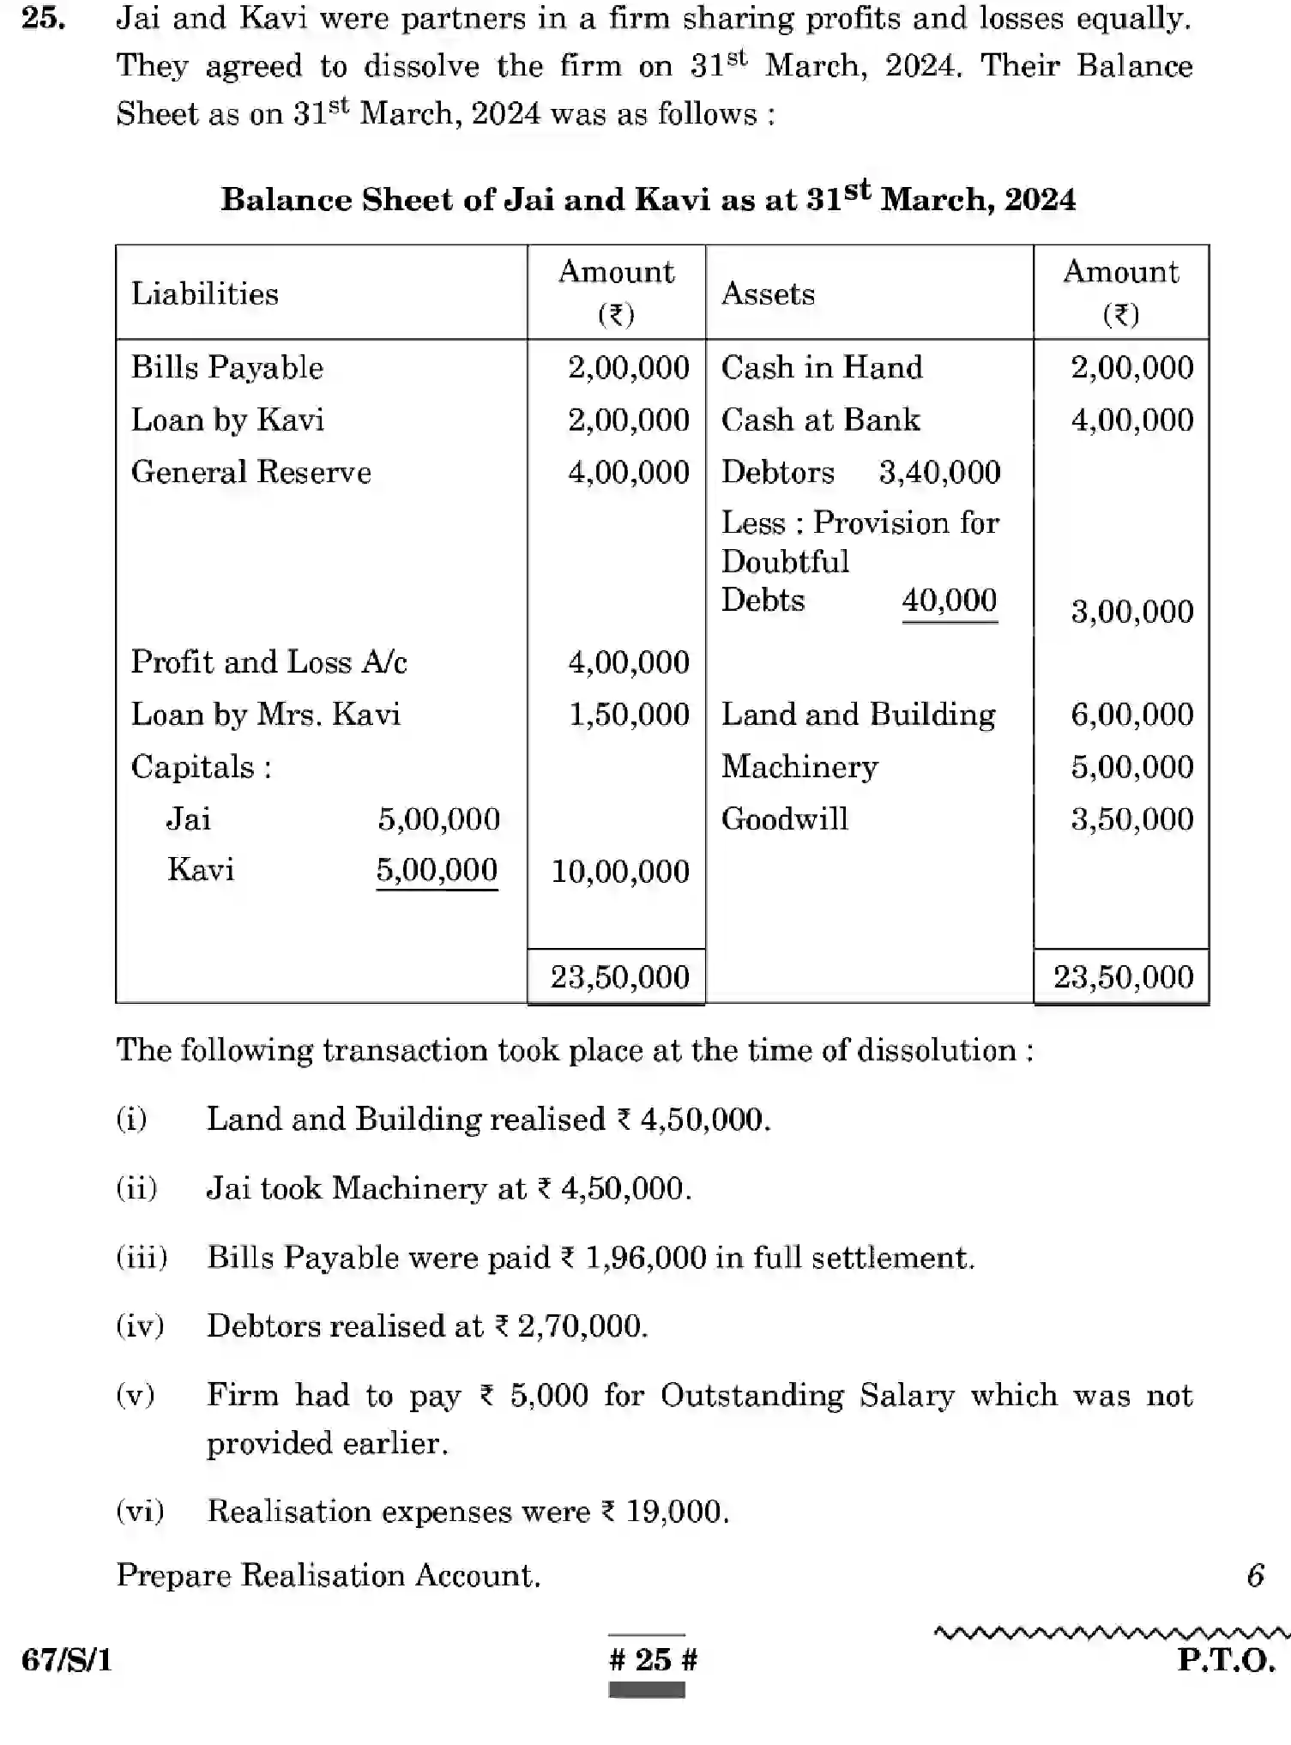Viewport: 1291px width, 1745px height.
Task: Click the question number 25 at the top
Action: point(43,18)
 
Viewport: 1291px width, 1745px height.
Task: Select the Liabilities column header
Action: point(204,294)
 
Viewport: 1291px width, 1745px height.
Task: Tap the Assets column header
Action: point(768,294)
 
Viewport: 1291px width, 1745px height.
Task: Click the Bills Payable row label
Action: point(226,368)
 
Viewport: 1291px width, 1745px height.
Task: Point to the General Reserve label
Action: point(250,473)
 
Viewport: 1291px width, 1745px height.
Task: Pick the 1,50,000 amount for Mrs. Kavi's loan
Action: point(629,715)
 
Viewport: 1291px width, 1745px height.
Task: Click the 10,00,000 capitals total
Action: point(619,872)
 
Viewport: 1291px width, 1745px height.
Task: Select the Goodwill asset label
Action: point(784,819)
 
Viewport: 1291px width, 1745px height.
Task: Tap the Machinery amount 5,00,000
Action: point(1131,767)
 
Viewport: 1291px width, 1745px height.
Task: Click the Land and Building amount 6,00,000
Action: point(1131,715)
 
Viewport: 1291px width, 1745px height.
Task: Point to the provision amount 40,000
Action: point(949,600)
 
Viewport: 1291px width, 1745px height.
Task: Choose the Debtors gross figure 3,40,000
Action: point(939,473)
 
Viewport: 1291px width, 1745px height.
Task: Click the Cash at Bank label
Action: point(820,420)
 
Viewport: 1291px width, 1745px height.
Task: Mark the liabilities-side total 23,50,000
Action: point(619,977)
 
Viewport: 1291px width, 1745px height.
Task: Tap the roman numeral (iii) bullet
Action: point(142,1258)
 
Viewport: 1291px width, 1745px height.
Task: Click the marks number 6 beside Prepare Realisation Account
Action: point(1255,1575)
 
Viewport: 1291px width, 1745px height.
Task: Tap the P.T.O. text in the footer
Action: point(1226,1660)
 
